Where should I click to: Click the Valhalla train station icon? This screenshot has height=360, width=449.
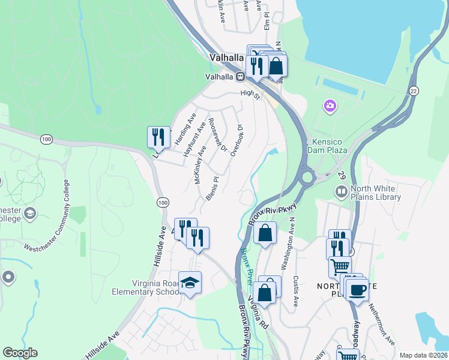tap(240, 77)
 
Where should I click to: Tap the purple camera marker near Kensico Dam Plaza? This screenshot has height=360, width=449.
tap(330, 106)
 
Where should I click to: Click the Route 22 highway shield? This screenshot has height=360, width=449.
tap(414, 90)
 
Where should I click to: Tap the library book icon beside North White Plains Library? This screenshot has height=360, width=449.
tap(341, 192)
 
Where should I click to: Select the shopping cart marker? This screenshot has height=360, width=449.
tap(340, 265)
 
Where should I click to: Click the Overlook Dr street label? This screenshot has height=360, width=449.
tap(236, 140)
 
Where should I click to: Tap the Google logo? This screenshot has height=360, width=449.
tap(20, 353)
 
